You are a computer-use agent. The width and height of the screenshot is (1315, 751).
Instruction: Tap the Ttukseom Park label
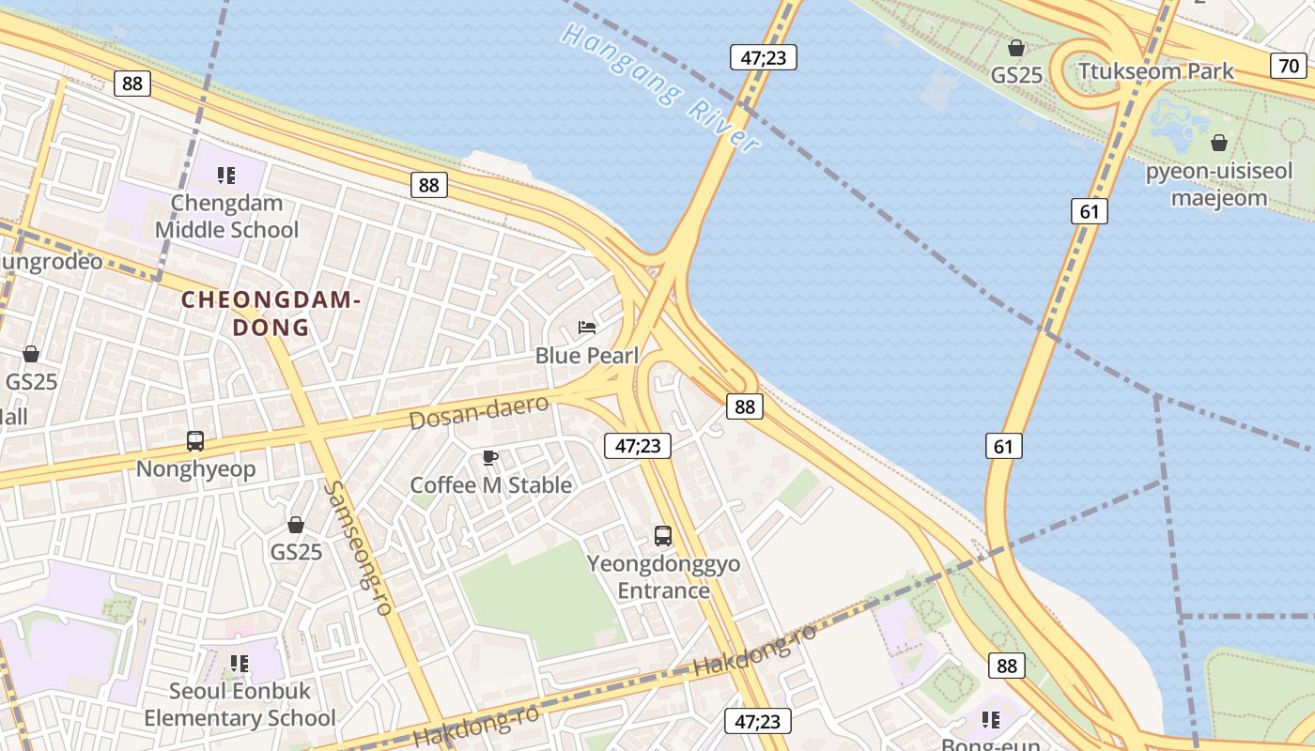[x=1156, y=71]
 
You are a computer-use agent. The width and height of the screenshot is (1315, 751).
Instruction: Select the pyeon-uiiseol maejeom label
[x=1219, y=185]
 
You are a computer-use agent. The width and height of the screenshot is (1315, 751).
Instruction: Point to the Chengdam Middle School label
[x=226, y=217]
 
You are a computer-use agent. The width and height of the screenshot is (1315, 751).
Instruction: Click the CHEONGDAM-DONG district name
[x=271, y=314]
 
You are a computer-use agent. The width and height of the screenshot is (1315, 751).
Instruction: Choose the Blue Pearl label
[x=587, y=356]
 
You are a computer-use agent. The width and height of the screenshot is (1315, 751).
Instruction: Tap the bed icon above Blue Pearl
[x=587, y=328]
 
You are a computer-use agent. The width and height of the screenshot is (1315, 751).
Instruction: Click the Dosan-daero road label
[x=479, y=412]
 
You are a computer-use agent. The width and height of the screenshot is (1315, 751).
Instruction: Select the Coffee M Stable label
[x=490, y=485]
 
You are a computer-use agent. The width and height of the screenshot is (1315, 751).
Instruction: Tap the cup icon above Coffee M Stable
[x=489, y=457]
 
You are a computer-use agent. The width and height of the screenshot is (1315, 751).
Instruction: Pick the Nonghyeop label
[x=195, y=469]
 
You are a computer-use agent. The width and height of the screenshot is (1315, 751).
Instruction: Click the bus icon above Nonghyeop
[x=195, y=440]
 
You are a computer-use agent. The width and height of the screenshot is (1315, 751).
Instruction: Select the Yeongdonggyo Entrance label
[x=663, y=577]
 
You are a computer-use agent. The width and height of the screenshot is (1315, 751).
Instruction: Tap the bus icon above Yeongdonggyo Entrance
[x=663, y=536]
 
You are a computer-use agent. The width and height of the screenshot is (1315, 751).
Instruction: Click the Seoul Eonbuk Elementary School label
[x=240, y=705]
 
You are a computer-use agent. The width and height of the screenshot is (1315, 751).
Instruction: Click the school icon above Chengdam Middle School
[x=225, y=175]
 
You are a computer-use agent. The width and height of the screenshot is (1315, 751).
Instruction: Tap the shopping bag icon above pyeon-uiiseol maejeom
[x=1219, y=143]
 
